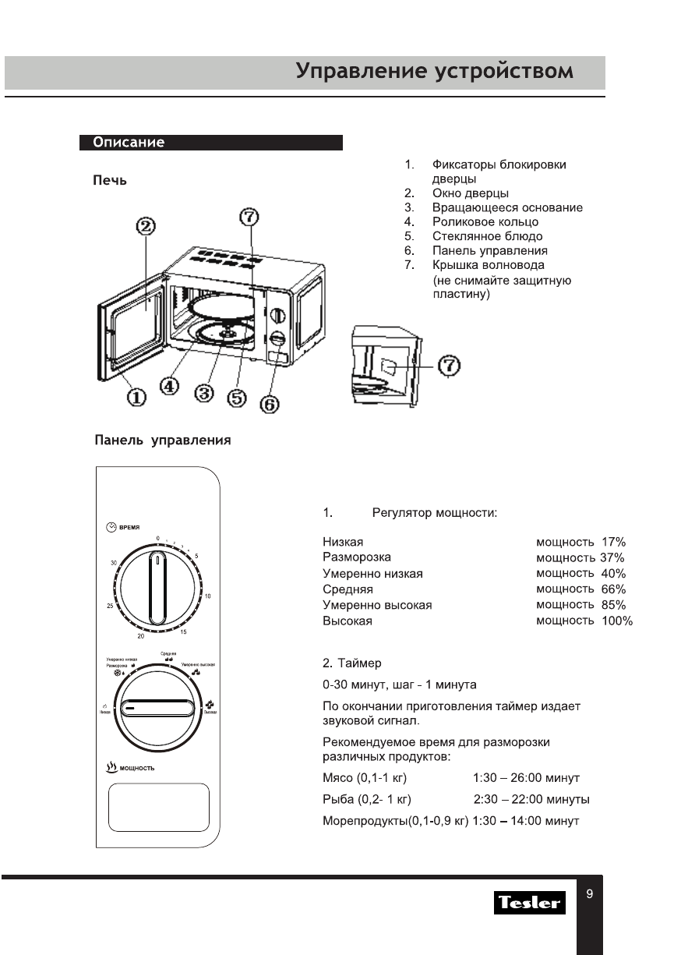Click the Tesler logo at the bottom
click(530, 903)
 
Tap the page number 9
click(589, 894)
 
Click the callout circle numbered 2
click(146, 227)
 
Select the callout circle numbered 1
click(136, 398)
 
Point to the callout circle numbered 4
click(170, 385)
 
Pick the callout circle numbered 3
click(205, 394)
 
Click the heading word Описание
click(129, 143)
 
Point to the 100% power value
click(617, 621)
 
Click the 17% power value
click(613, 542)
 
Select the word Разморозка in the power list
click(357, 557)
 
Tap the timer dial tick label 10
click(207, 596)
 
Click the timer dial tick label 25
click(110, 605)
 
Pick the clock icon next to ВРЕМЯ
click(111, 527)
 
